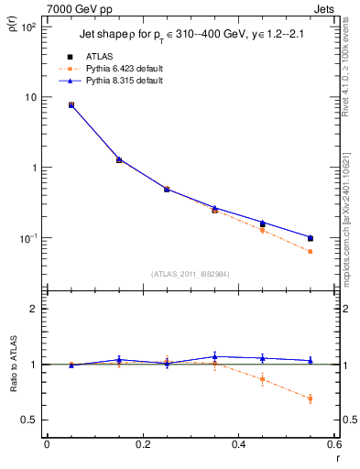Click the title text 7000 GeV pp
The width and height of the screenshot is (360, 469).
(81, 8)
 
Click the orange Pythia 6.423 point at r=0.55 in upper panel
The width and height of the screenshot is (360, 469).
(311, 251)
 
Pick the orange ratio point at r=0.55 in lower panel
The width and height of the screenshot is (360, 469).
(311, 398)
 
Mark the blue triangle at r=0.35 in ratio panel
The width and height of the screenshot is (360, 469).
(214, 356)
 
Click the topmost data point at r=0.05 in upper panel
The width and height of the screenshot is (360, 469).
(71, 105)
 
